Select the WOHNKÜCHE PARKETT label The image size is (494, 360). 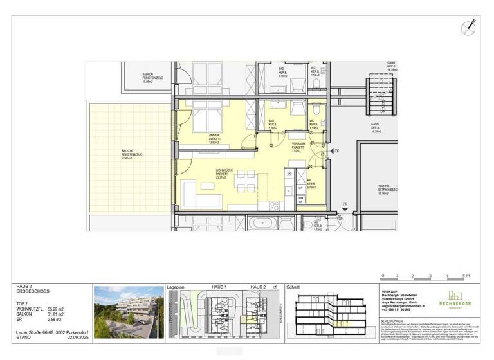pos(224,173)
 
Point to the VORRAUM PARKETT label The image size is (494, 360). pos(297,147)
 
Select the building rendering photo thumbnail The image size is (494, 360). pos(129,312)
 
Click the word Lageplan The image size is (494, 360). pos(176,287)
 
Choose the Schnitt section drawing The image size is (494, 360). pos(331,314)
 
